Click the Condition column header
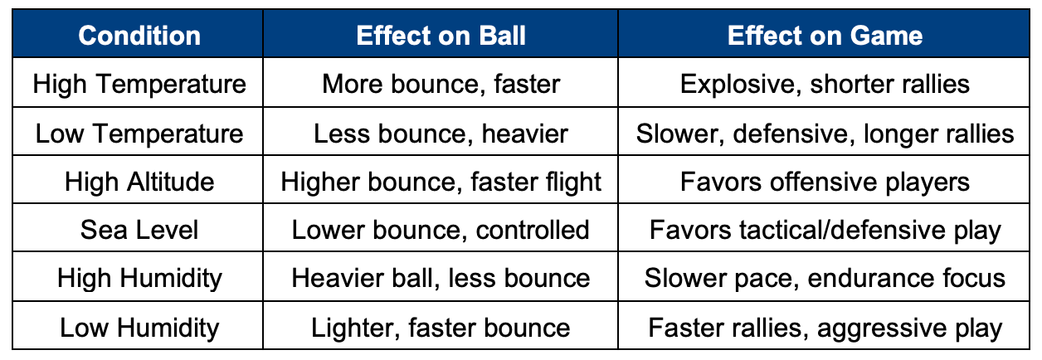tap(139, 36)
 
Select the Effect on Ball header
tap(441, 36)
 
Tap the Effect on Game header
tap(825, 36)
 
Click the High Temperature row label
tap(139, 85)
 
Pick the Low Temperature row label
tap(139, 134)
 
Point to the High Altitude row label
tap(139, 182)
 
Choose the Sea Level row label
tap(139, 230)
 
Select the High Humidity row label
tap(139, 279)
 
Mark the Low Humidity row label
tap(139, 328)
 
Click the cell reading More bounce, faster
tap(441, 85)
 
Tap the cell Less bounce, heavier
tap(441, 134)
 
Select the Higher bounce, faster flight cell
tap(441, 182)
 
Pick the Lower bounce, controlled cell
tap(441, 231)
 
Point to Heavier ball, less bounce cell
tap(441, 278)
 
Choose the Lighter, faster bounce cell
tap(441, 328)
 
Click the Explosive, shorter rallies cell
tap(825, 85)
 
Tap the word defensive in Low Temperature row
tap(794, 134)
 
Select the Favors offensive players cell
tap(825, 182)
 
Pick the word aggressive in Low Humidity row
tap(881, 328)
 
